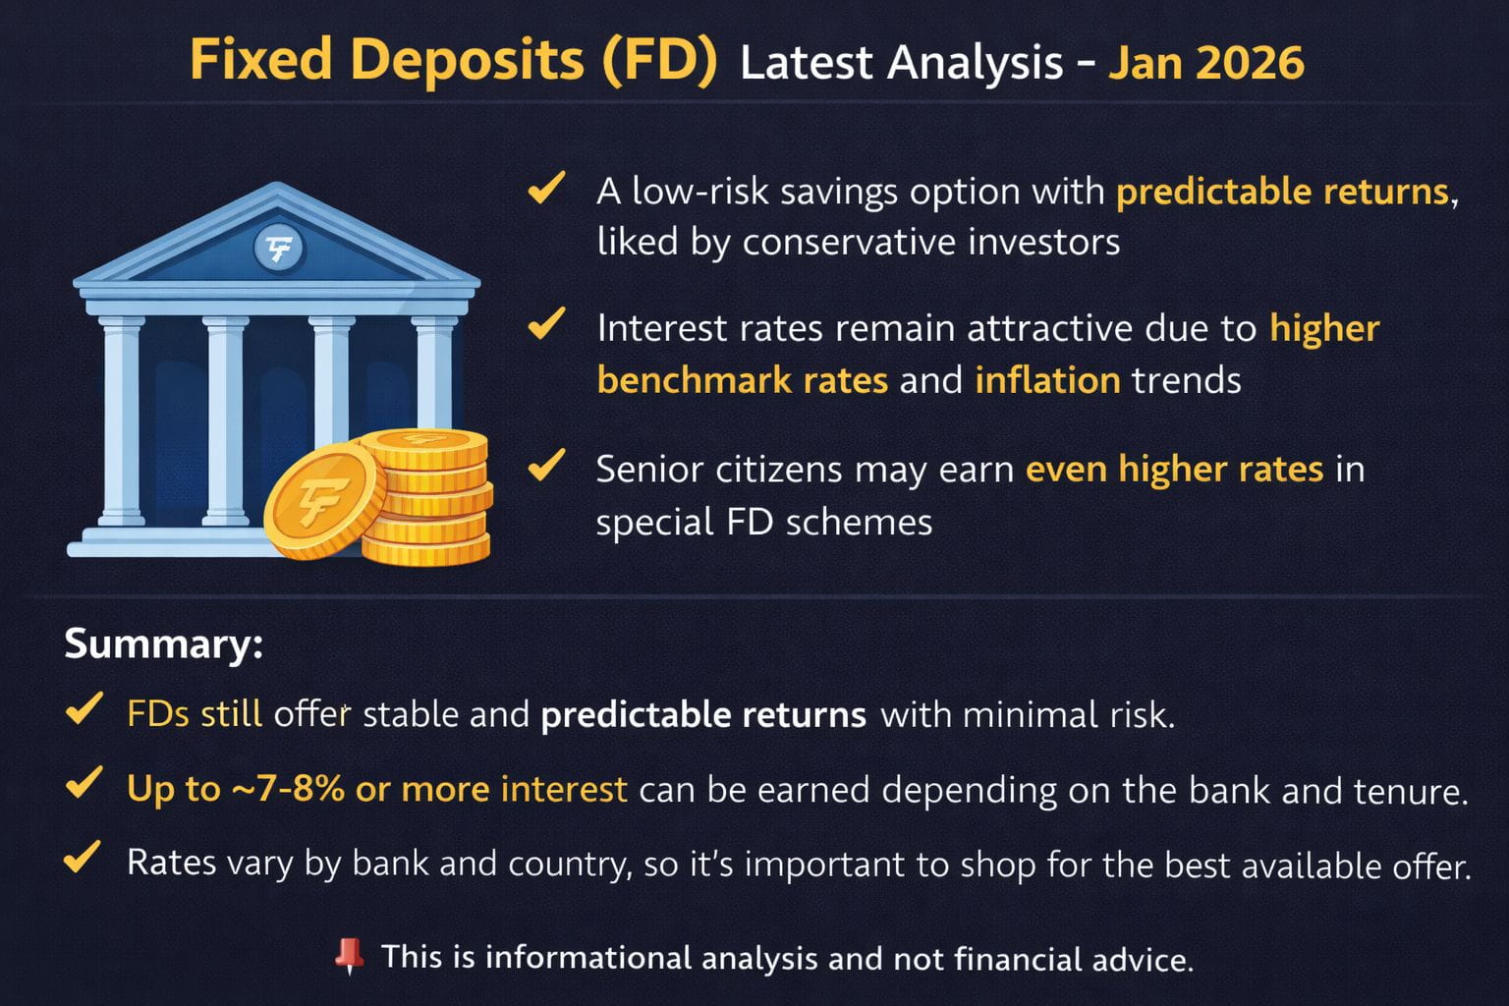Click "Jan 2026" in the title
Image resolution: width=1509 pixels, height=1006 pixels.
[1205, 63]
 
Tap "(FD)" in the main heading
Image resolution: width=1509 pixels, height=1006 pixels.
[659, 61]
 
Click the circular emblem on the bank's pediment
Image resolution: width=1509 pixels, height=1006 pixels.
[279, 248]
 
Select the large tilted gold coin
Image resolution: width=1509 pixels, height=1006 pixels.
[324, 501]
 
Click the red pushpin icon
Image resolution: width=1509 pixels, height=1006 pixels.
[350, 956]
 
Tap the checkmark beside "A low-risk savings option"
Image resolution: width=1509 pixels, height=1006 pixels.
[546, 187]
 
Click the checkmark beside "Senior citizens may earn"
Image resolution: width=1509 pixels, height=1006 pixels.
[546, 465]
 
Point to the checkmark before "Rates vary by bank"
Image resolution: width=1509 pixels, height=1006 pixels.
[83, 857]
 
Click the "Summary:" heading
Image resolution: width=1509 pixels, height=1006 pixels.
[163, 643]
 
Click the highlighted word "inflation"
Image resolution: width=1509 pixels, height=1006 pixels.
[1047, 380]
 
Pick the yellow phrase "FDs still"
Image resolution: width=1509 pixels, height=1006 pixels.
[194, 713]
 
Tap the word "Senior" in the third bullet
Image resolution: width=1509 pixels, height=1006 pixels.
[650, 470]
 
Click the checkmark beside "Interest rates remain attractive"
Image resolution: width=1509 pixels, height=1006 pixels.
[546, 323]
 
